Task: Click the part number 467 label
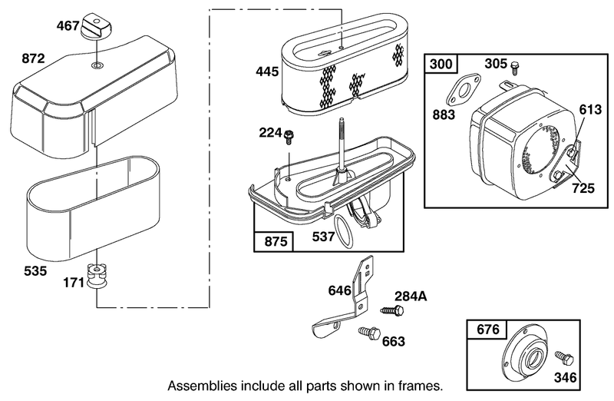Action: point(68,26)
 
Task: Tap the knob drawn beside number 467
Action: point(97,26)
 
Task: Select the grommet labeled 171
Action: point(97,276)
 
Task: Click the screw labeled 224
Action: point(290,137)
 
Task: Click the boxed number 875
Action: point(276,241)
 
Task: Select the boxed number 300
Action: point(441,64)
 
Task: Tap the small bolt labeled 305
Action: point(514,68)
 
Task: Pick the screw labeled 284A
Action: point(392,310)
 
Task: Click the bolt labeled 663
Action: point(370,333)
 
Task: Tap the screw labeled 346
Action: point(564,357)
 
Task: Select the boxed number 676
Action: point(488,330)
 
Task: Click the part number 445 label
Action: point(267,71)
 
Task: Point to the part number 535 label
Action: point(35,271)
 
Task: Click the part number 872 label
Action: point(33,59)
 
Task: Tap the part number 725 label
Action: point(583,188)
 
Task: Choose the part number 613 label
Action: point(590,109)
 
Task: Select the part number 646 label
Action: point(339,291)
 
